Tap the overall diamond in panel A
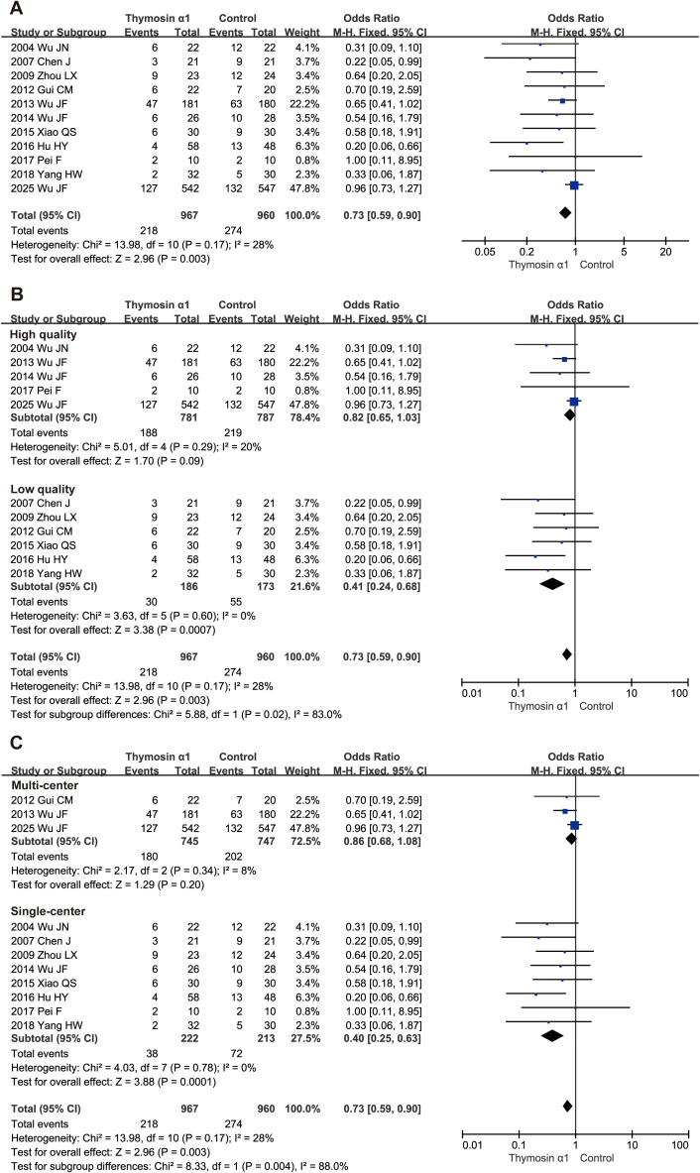[565, 211]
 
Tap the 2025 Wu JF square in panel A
[574, 185]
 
